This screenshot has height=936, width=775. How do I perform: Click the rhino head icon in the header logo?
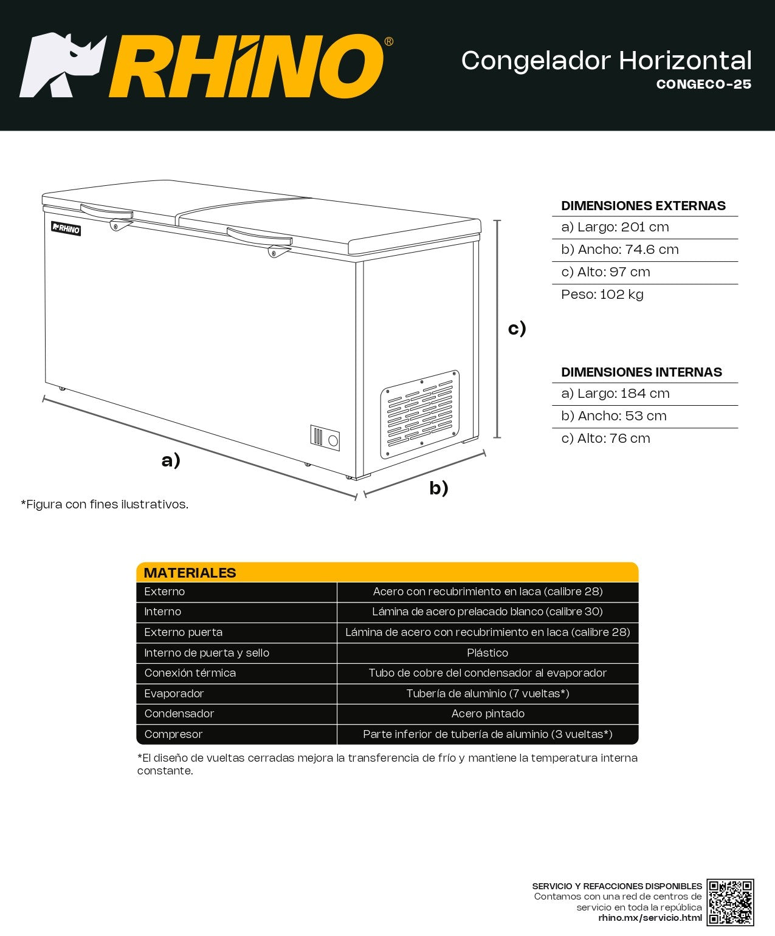(x=61, y=64)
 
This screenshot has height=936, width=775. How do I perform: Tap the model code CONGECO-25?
(x=703, y=84)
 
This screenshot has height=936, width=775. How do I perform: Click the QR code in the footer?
(x=730, y=902)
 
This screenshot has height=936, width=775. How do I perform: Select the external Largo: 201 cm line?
(x=615, y=227)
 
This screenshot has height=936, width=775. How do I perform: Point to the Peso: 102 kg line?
(x=602, y=295)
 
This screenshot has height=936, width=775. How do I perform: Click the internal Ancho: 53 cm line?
(x=613, y=416)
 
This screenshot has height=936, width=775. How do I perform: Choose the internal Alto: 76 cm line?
(x=605, y=439)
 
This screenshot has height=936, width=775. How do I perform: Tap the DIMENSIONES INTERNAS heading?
(x=641, y=372)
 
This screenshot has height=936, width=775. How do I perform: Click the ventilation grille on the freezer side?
(x=420, y=414)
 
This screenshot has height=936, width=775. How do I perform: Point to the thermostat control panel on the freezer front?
(x=325, y=437)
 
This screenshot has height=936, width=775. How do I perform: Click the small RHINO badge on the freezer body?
(x=66, y=229)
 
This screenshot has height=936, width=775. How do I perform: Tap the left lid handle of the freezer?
(x=107, y=213)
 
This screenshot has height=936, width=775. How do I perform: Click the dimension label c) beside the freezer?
(x=517, y=328)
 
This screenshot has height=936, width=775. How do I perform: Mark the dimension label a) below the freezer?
(x=171, y=460)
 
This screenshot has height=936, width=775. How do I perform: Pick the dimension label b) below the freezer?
(x=439, y=488)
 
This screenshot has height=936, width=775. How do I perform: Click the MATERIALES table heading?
(x=190, y=573)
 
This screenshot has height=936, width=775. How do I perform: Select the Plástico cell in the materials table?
(x=487, y=653)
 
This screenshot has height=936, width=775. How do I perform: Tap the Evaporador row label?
(x=174, y=694)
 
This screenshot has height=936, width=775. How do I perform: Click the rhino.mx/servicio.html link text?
(x=650, y=918)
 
